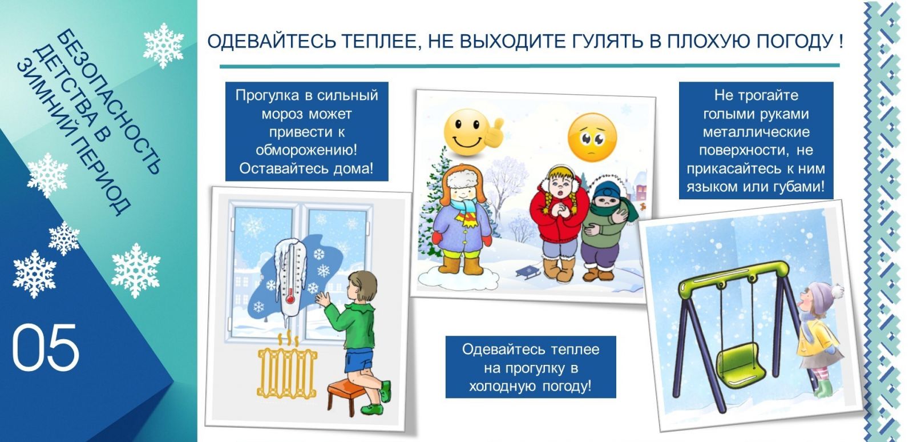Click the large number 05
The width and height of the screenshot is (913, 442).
[x=46, y=348]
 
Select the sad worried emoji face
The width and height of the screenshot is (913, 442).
[x=592, y=138]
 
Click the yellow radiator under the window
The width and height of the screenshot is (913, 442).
[x=287, y=372]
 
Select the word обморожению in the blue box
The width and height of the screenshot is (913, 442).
[x=306, y=150]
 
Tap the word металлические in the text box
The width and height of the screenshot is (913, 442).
[x=756, y=132]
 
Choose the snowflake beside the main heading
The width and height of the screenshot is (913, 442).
[x=163, y=45]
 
